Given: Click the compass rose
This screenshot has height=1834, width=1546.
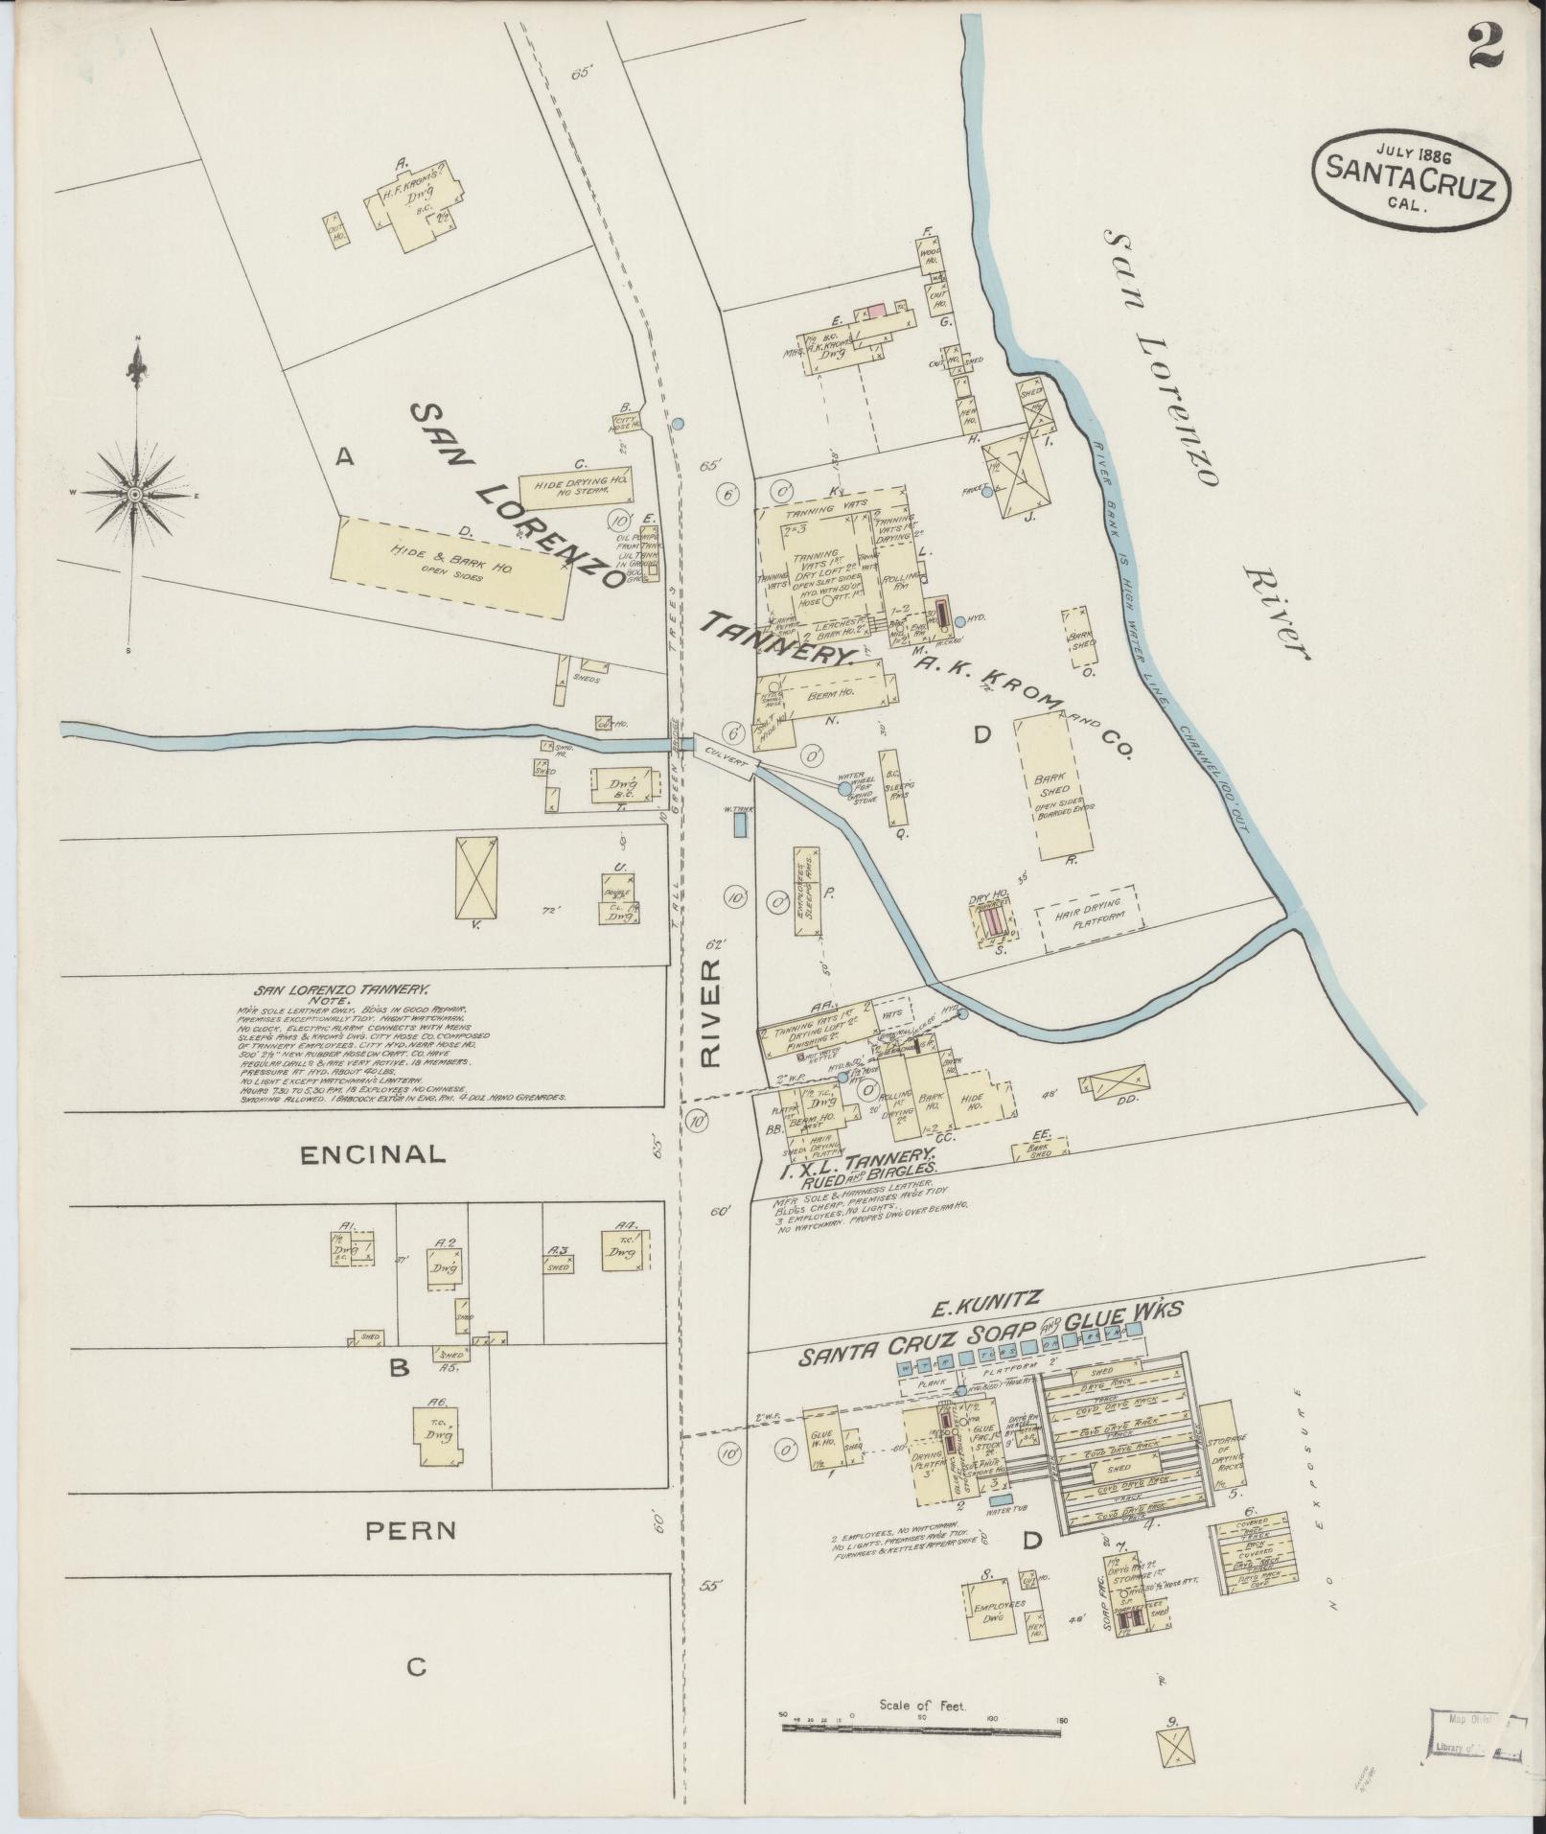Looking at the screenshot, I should [x=135, y=494].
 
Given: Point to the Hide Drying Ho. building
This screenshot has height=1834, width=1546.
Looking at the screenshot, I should [x=575, y=487].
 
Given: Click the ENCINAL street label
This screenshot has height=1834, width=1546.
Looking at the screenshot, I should [x=373, y=1154].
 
